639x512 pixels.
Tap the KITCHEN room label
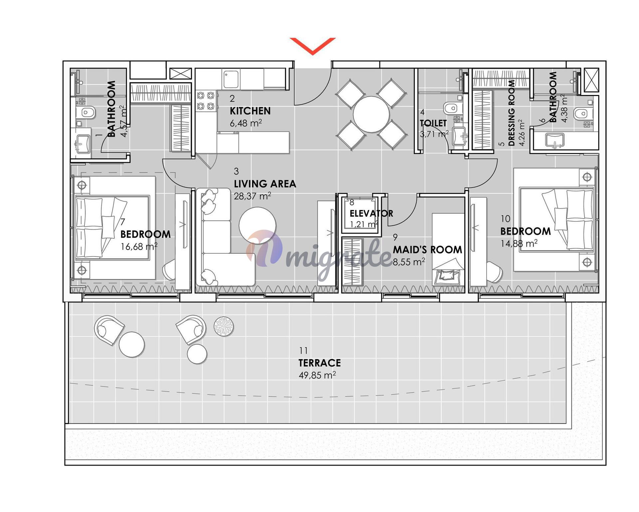coord(250,111)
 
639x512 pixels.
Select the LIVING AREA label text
coord(265,184)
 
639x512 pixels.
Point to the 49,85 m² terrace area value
coord(317,375)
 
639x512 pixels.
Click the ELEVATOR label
coord(371,213)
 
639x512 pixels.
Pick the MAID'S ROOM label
coord(427,250)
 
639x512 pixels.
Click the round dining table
coord(371,114)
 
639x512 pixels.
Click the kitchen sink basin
coord(231,79)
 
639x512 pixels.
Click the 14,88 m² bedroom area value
coord(519,244)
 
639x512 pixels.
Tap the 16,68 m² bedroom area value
coord(139,247)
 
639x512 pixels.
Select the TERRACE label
coord(319,363)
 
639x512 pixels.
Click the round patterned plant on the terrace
coord(224,326)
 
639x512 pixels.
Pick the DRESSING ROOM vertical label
coord(512,113)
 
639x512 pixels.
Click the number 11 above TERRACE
coord(303,351)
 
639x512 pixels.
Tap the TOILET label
coord(433,123)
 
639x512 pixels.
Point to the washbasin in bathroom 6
coord(555,140)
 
